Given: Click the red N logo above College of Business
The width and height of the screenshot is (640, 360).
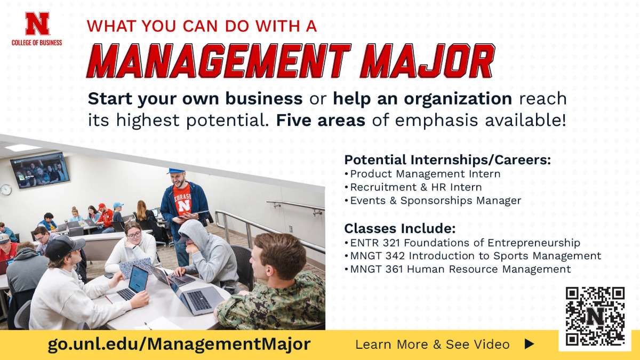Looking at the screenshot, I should [37, 25].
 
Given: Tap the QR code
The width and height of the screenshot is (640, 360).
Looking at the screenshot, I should [595, 316].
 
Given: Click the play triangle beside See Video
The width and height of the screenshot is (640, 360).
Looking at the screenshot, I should [529, 345].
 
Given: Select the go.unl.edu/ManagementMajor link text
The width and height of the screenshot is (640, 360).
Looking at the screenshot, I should [179, 344].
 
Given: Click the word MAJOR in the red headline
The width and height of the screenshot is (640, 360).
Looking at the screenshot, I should [427, 61].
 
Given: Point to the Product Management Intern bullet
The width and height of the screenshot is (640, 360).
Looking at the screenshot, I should [425, 174].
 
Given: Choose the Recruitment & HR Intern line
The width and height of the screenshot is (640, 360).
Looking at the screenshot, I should [415, 187].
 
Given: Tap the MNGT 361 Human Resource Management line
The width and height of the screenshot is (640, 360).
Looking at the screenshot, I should [460, 269].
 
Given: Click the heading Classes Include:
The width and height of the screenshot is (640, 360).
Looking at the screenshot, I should [399, 229].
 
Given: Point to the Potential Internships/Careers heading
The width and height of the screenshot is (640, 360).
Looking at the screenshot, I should [447, 160].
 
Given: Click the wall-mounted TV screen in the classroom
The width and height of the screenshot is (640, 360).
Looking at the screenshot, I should [39, 170].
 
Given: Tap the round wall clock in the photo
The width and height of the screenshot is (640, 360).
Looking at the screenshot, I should [6, 189].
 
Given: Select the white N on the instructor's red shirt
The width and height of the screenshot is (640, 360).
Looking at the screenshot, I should [184, 204].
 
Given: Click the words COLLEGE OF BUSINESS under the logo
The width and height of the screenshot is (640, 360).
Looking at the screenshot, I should [37, 43].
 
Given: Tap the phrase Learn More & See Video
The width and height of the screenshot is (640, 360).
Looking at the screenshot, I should [433, 345].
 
